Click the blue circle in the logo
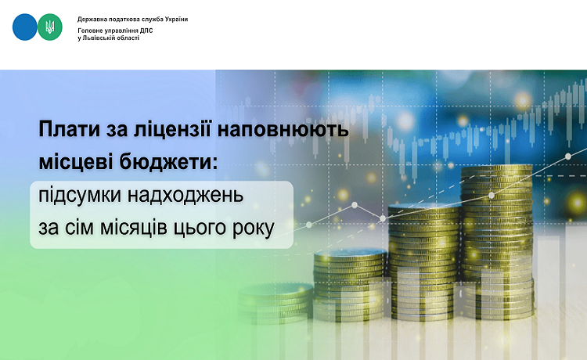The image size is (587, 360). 25,27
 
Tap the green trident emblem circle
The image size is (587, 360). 50,27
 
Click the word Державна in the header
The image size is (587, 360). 90,19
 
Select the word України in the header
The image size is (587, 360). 176,19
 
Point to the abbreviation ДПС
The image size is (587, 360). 146,31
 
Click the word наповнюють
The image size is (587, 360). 283,129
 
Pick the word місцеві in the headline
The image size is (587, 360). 76,162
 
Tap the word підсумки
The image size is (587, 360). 80,196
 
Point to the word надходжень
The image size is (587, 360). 185,196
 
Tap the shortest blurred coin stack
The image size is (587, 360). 275,303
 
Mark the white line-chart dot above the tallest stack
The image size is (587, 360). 492,196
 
